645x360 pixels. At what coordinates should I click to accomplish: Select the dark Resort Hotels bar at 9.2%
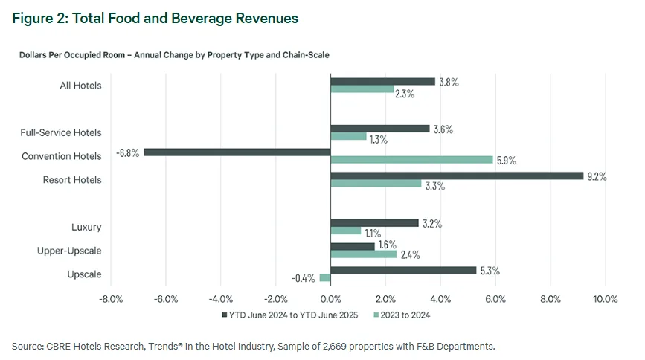point(456,176)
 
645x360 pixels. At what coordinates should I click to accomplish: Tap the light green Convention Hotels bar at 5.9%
point(411,160)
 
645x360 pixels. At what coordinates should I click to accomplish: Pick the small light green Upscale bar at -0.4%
point(324,278)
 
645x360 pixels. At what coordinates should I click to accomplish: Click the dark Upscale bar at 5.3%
point(402,270)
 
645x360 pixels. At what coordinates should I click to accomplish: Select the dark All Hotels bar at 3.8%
point(382,81)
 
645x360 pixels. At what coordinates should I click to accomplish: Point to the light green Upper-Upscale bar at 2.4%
point(363,254)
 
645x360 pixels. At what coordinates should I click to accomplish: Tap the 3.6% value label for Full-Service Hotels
point(444,129)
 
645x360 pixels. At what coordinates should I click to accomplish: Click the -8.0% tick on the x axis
point(110,300)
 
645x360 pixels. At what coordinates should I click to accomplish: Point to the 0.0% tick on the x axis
point(330,300)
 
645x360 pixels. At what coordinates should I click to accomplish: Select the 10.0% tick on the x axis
point(605,300)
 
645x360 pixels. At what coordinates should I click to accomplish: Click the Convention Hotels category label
point(61,156)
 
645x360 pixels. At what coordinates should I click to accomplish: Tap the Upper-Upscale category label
point(69,251)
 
